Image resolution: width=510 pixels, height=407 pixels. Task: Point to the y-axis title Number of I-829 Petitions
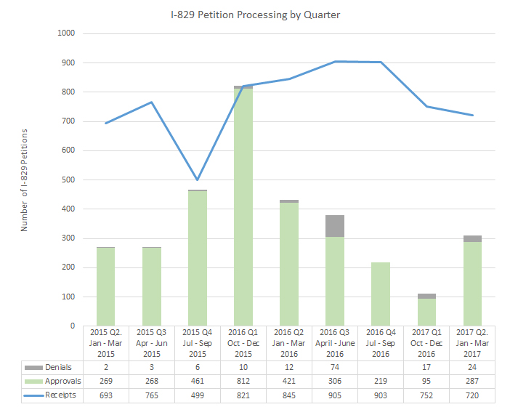pos(24,180)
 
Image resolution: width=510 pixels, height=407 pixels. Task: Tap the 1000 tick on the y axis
pos(65,33)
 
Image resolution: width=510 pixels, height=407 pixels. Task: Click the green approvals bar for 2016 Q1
pos(243,207)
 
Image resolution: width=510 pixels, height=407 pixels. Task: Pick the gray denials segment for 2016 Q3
pos(335,225)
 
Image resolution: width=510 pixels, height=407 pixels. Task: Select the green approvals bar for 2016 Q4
pos(381,294)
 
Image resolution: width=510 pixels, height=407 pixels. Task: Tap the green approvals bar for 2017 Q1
pos(426,313)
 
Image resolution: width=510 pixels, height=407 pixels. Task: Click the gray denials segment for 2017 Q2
pos(472,238)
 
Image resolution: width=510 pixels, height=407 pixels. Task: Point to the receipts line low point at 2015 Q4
pos(198,180)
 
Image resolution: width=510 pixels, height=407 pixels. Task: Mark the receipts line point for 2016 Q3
pos(335,62)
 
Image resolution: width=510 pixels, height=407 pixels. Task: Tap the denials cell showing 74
pos(335,368)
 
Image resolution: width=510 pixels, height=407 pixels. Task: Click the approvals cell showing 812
pos(243,381)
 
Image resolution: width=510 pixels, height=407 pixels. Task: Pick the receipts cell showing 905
pos(335,394)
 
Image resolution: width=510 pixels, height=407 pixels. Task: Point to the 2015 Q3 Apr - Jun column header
pos(152,342)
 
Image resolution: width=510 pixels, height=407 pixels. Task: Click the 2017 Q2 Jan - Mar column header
pos(472,342)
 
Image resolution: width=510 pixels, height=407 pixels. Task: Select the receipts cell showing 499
pos(198,394)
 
